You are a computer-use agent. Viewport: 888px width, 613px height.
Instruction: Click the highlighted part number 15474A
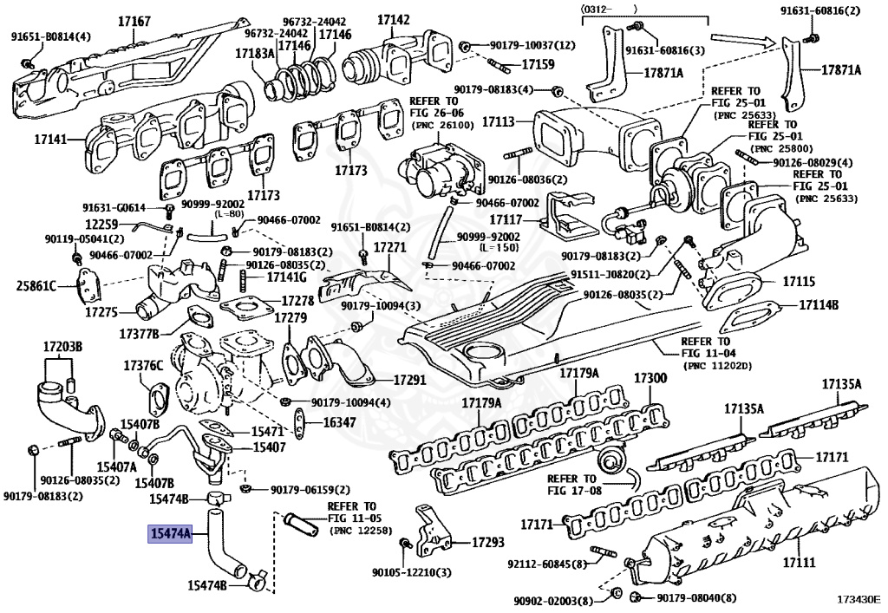click(170, 533)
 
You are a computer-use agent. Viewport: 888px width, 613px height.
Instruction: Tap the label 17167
click(134, 22)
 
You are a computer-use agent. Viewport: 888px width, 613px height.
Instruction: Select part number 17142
click(394, 19)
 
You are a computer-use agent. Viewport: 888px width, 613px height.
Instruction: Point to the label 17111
click(799, 562)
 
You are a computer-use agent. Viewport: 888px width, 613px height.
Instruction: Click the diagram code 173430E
click(859, 598)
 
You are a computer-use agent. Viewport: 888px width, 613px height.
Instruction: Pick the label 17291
click(409, 380)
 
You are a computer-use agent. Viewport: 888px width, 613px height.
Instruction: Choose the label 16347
click(340, 422)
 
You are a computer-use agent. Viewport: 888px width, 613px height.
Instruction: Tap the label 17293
click(487, 543)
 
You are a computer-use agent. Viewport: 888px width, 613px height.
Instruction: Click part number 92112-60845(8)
click(546, 564)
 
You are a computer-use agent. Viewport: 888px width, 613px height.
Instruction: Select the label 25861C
click(36, 286)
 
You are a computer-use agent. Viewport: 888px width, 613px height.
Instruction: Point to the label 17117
click(506, 219)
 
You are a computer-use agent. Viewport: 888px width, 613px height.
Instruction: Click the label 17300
click(650, 377)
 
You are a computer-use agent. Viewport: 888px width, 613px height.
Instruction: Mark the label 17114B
click(819, 305)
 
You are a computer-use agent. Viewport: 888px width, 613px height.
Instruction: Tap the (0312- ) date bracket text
click(609, 9)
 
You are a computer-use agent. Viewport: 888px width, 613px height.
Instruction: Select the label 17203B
click(62, 347)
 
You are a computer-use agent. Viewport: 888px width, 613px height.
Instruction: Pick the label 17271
click(390, 247)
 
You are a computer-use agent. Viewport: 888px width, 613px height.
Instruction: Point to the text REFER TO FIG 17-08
click(571, 485)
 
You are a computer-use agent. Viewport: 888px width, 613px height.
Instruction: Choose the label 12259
click(101, 225)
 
